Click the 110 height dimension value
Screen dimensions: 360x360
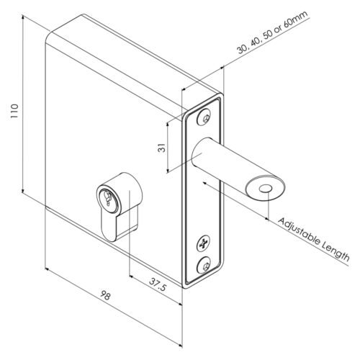click(x=14, y=111)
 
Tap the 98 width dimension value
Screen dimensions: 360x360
click(x=105, y=295)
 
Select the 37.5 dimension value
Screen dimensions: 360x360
click(x=158, y=284)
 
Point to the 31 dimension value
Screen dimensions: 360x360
click(x=162, y=148)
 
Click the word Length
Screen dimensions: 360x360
click(x=336, y=251)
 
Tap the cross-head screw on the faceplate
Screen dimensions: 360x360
click(x=204, y=244)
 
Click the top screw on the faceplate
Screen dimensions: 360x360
click(x=204, y=117)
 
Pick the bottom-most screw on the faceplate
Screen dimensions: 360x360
click(x=204, y=265)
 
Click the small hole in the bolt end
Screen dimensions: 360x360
click(x=265, y=189)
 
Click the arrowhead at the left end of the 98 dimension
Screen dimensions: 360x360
click(x=48, y=269)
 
